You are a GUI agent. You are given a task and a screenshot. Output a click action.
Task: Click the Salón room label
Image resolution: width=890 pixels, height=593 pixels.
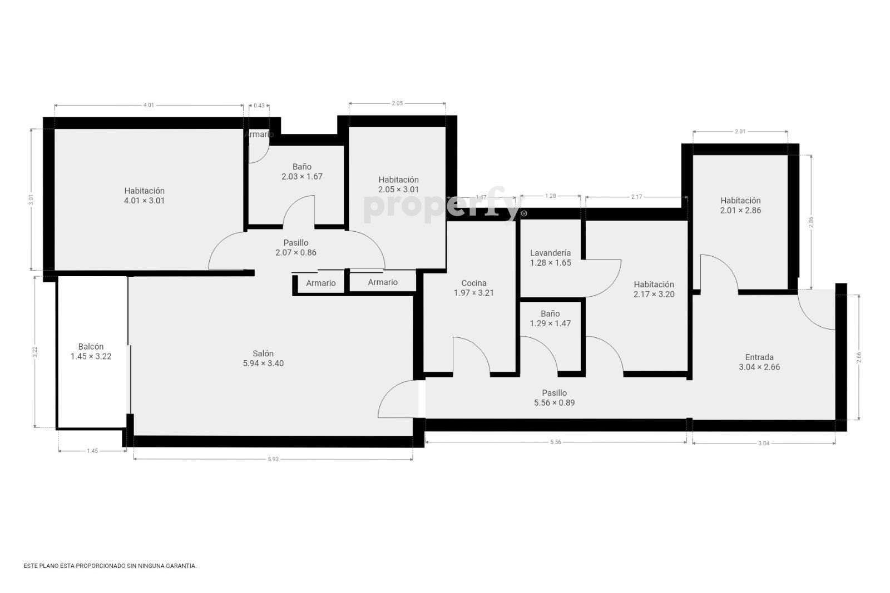(263, 353)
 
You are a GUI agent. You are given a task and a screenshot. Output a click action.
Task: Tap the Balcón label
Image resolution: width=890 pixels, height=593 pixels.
(91, 346)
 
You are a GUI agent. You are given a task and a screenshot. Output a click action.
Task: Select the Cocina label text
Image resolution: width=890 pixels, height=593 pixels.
(473, 283)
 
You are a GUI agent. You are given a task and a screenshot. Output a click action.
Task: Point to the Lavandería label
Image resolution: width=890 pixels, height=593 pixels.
(550, 253)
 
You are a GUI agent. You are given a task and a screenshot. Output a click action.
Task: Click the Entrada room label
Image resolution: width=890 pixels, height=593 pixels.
(759, 357)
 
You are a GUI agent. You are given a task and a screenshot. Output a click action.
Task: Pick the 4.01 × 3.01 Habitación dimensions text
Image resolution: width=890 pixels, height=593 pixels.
(144, 201)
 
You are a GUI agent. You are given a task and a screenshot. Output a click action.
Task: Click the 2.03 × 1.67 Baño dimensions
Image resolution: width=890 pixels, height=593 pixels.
(302, 177)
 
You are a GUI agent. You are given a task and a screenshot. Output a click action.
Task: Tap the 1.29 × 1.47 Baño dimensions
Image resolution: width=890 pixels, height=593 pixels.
(550, 323)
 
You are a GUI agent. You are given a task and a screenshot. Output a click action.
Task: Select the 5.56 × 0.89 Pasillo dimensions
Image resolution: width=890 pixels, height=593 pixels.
(554, 403)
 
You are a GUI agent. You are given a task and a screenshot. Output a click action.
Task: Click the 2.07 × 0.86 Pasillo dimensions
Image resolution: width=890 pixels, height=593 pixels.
(296, 253)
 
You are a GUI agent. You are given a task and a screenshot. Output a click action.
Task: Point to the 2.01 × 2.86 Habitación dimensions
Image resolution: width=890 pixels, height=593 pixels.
(740, 211)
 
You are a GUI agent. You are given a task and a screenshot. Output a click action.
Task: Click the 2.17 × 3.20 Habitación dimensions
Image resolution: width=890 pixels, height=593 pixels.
(654, 295)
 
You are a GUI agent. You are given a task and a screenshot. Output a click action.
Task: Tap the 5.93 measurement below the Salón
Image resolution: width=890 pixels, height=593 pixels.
(273, 459)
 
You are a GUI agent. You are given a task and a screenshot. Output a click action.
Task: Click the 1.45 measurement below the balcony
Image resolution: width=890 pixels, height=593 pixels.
(92, 451)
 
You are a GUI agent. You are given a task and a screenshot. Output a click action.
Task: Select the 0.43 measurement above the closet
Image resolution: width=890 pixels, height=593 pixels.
(259, 106)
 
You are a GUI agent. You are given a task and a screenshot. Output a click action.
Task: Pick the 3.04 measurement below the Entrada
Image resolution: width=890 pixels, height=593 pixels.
(764, 443)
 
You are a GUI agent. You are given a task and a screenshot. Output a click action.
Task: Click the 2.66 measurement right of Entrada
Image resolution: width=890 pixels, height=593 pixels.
(859, 357)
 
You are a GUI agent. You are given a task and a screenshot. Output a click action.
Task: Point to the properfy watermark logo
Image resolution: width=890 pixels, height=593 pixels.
(446, 205)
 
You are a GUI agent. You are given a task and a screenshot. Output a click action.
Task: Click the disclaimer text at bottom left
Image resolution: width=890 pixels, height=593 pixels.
(110, 566)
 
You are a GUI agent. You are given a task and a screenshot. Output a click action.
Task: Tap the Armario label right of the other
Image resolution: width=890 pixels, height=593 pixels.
(383, 282)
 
